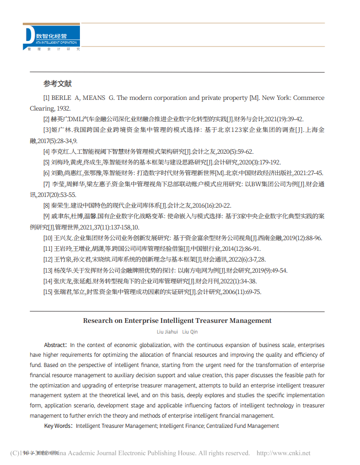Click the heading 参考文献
click(x=58, y=84)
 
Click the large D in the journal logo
click(x=29, y=35)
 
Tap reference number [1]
click(x=46, y=98)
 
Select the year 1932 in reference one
click(x=63, y=108)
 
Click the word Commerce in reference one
click(x=308, y=98)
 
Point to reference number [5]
click(x=46, y=162)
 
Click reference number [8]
click(x=46, y=205)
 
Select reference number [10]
click(x=48, y=238)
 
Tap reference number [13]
click(x=48, y=270)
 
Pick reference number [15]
click(x=48, y=292)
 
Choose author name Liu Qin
click(x=190, y=332)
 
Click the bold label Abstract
click(x=55, y=345)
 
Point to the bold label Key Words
click(x=58, y=426)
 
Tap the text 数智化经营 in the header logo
click(x=52, y=36)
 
